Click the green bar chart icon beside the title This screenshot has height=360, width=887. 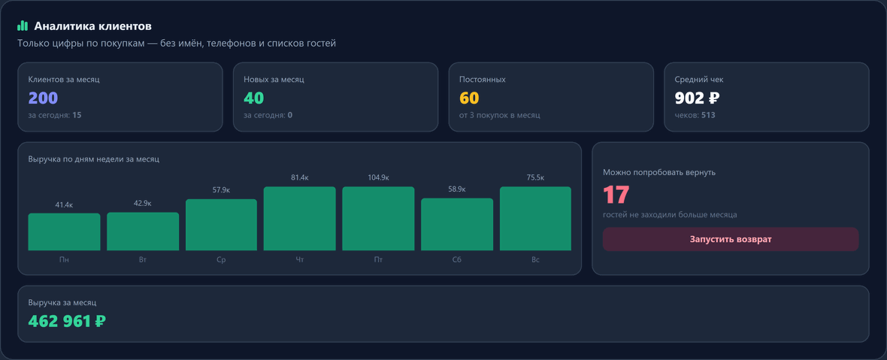(23, 26)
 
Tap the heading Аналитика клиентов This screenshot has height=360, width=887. (92, 26)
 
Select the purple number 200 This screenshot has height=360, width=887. (43, 98)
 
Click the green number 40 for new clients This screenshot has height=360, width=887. (254, 98)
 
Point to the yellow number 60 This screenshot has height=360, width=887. (469, 98)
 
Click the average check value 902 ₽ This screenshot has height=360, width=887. (697, 98)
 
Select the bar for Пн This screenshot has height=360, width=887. (64, 231)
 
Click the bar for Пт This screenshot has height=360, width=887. (378, 219)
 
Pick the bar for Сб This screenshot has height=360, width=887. (457, 225)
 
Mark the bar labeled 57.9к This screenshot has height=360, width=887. (221, 225)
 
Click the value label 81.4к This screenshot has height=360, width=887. (300, 178)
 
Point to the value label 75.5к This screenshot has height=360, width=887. (535, 178)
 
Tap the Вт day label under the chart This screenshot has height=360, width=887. (143, 260)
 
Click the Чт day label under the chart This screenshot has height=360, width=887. (300, 260)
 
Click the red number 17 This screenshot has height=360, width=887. (616, 195)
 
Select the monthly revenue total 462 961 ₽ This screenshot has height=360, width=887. (68, 321)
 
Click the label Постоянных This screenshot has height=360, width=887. (483, 80)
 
